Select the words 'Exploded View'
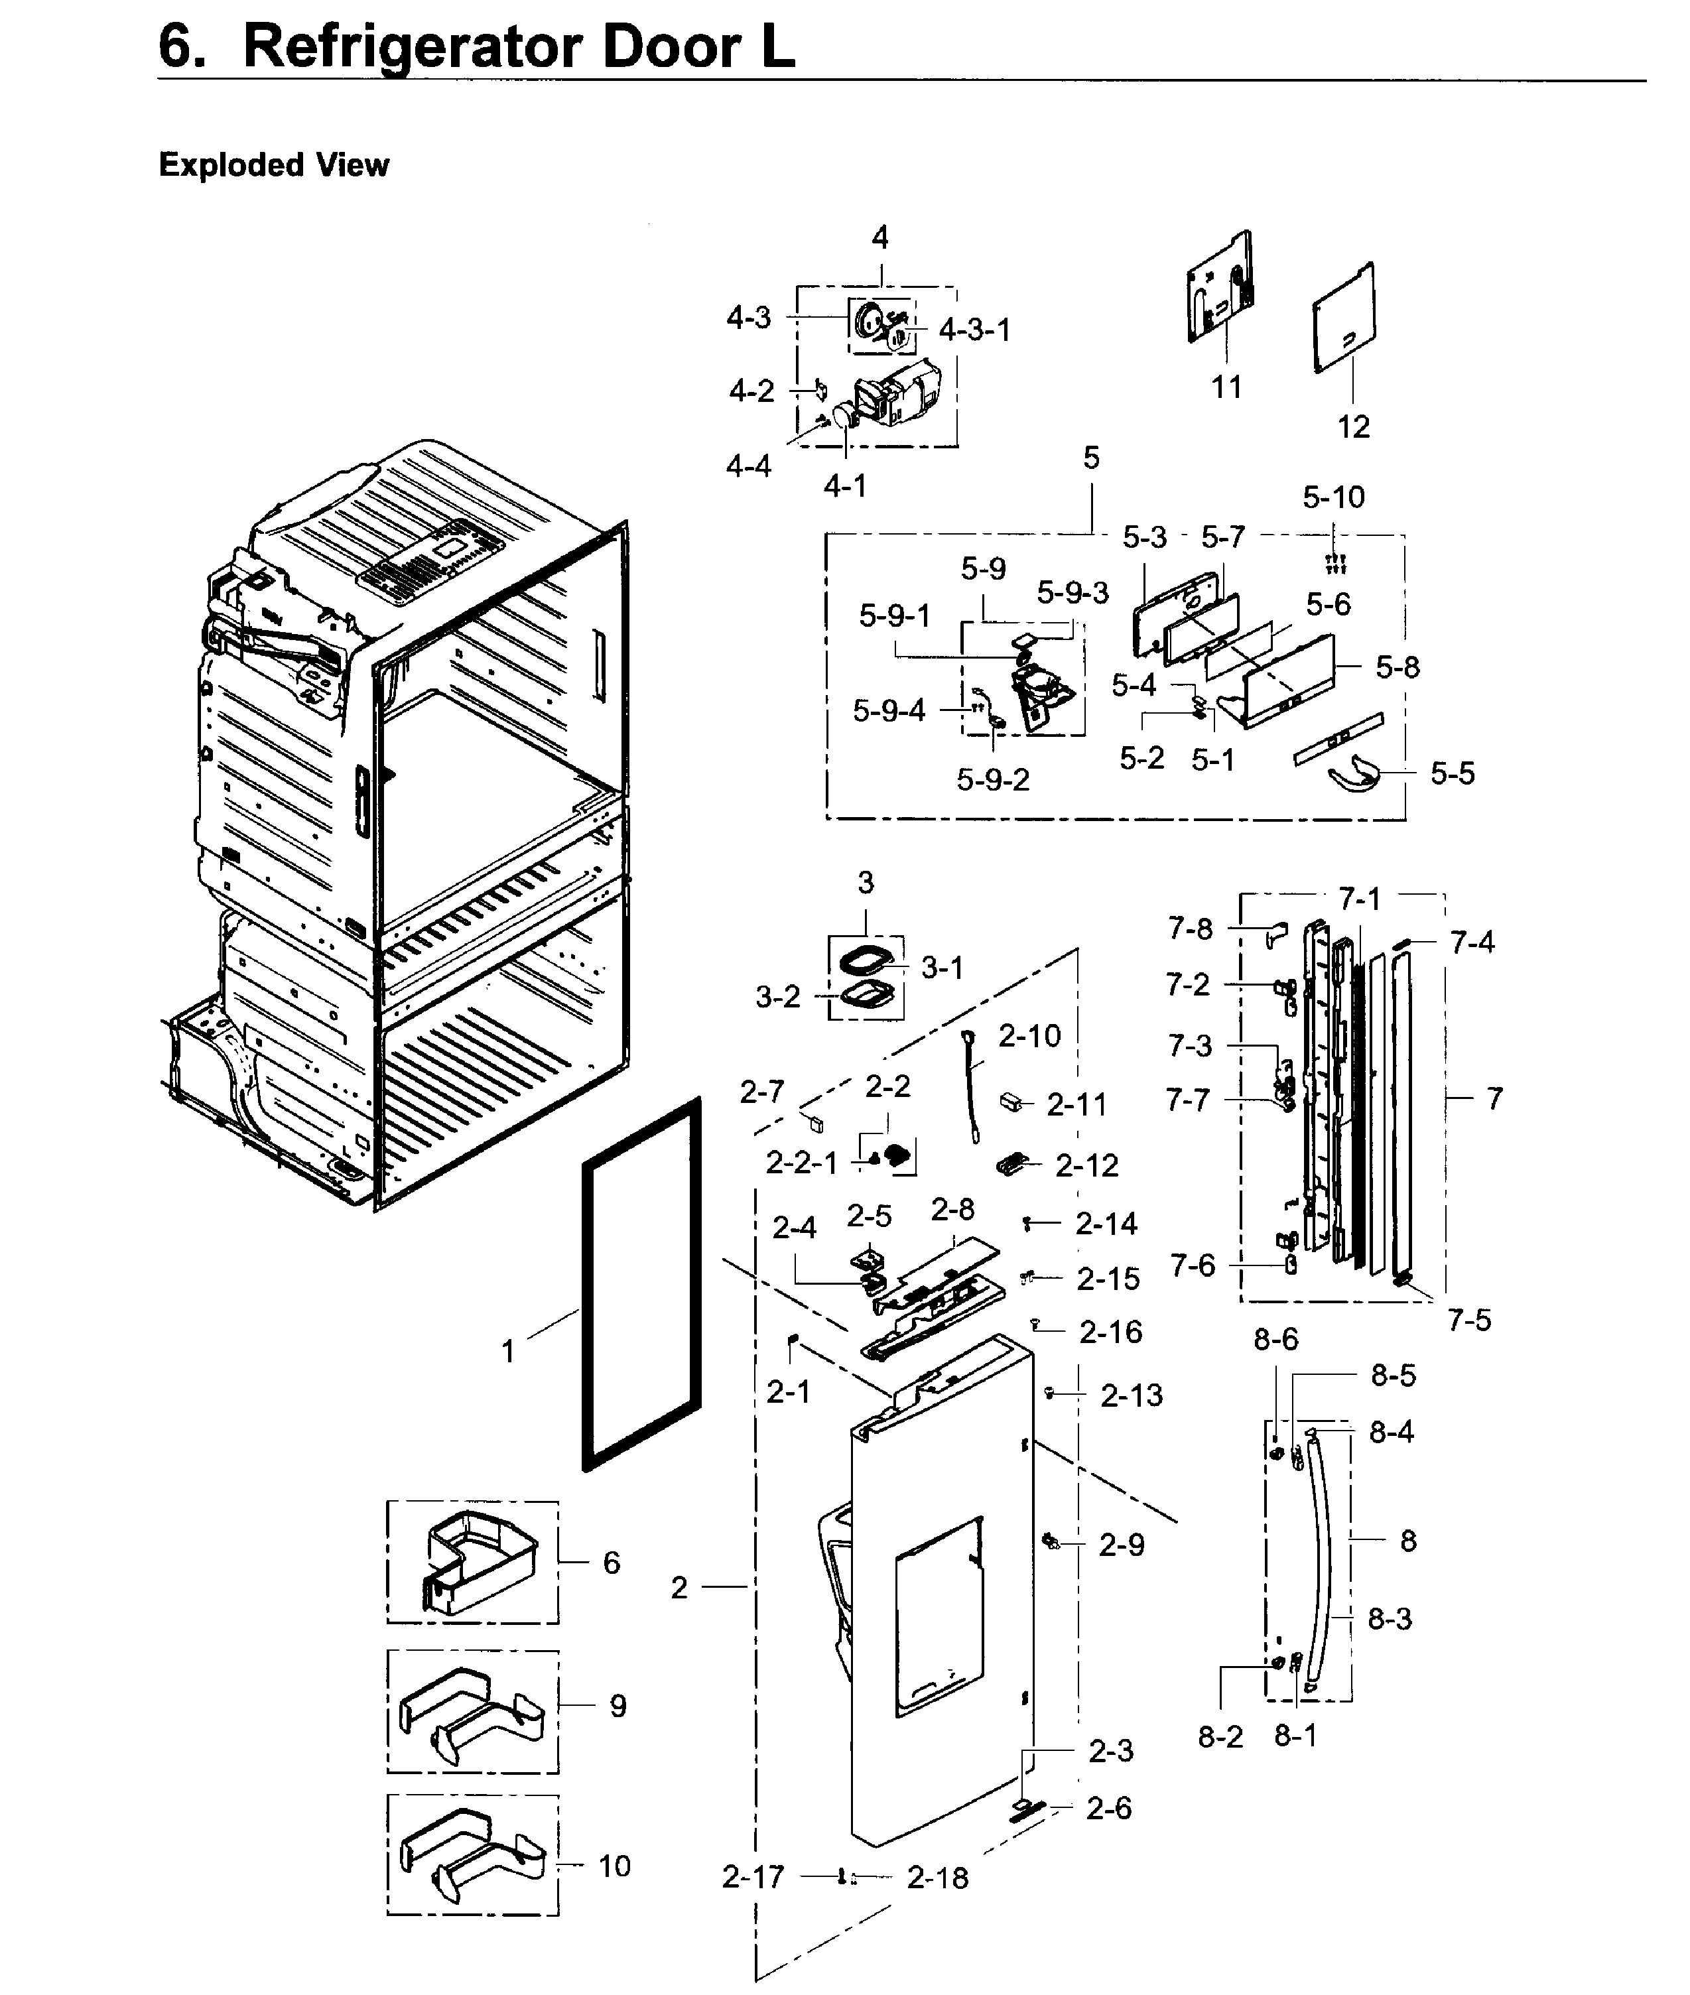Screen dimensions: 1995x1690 click(x=274, y=164)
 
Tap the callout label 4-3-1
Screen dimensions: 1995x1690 click(x=974, y=330)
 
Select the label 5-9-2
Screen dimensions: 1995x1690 click(x=992, y=779)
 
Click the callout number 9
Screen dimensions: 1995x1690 click(x=618, y=1706)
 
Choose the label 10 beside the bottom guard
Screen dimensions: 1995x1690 click(x=614, y=1866)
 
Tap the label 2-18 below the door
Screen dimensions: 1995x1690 click(x=937, y=1878)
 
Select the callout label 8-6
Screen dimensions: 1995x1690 click(x=1275, y=1339)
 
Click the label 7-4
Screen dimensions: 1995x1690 click(x=1472, y=942)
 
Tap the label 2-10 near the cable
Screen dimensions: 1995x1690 click(x=1029, y=1035)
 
